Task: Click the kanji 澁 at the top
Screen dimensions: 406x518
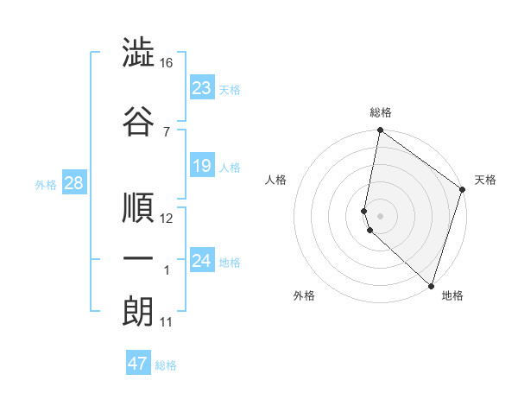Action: point(139,54)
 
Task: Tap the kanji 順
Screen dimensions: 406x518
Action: point(139,207)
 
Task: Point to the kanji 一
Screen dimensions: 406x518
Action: point(139,259)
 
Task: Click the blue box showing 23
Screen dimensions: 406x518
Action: point(202,87)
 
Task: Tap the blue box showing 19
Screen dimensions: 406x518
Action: point(202,165)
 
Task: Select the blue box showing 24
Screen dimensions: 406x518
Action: point(202,260)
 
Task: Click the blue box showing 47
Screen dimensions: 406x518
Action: point(138,364)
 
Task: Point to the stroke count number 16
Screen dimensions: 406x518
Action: point(167,63)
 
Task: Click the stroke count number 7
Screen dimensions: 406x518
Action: point(167,131)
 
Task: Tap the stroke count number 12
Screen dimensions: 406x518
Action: point(167,219)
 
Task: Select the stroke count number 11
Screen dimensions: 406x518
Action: point(167,322)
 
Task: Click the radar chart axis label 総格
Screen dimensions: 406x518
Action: point(381,112)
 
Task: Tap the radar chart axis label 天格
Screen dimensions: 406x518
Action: point(485,180)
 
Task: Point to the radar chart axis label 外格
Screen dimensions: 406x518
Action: point(304,295)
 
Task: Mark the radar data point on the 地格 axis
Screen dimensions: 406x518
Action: point(431,286)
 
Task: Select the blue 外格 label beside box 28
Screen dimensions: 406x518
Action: point(46,184)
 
